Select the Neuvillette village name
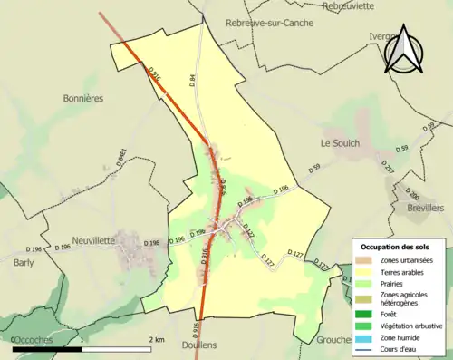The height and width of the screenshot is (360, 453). (x=93, y=240)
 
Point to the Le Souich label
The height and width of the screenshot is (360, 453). (x=340, y=143)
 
